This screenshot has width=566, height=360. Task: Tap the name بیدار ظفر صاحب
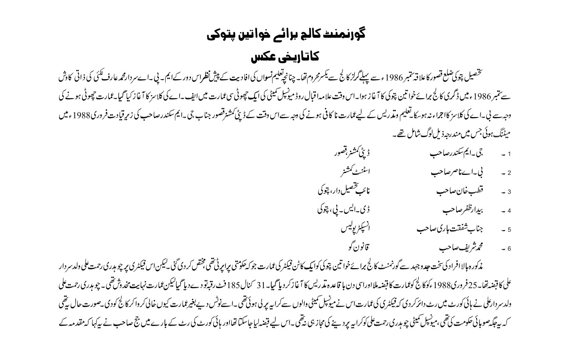coord(448,210)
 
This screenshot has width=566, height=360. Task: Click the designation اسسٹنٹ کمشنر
coord(348,172)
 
